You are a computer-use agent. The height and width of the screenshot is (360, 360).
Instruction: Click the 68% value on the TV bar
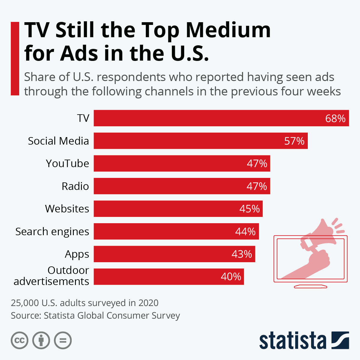335,118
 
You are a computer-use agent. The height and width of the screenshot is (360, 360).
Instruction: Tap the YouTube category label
67,163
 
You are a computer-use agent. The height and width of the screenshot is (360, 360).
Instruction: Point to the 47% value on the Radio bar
256,186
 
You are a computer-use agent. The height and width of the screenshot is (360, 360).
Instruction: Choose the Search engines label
52,232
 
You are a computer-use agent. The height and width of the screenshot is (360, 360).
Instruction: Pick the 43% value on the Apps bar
241,254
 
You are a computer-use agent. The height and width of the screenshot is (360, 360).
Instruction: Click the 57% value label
294,141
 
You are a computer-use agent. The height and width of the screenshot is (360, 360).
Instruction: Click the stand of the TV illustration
310,286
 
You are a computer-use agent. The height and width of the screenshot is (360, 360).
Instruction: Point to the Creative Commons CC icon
19,340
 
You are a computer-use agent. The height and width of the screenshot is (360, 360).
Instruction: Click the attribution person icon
41,340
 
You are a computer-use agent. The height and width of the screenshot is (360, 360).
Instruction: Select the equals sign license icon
63,340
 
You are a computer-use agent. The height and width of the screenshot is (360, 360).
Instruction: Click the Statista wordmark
292,340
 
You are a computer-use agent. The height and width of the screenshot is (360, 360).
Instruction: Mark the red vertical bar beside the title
15,58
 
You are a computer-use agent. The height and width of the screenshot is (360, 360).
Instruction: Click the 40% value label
231,277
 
